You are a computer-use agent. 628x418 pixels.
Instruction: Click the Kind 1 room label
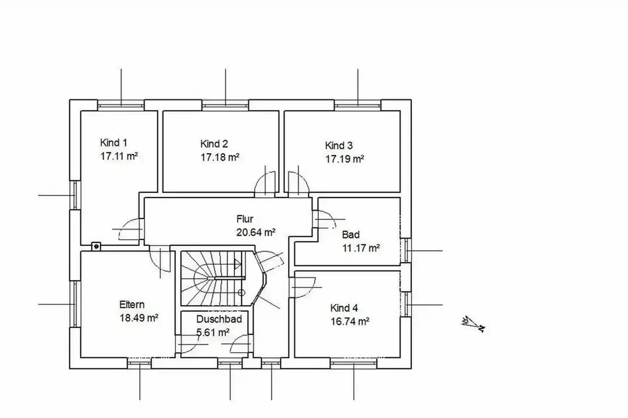(x=113, y=143)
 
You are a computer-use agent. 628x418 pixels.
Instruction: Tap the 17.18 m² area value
(x=220, y=157)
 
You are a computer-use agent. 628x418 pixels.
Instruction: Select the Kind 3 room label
(x=339, y=146)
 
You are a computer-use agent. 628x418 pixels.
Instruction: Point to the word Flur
(x=245, y=219)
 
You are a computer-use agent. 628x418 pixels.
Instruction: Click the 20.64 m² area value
(x=256, y=232)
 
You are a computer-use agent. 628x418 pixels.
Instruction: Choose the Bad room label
(x=351, y=235)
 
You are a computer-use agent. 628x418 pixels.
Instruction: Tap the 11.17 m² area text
(x=361, y=248)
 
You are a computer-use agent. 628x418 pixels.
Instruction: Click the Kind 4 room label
(x=344, y=308)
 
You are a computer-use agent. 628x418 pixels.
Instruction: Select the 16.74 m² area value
(x=350, y=322)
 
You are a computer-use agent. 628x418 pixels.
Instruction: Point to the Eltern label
(x=132, y=305)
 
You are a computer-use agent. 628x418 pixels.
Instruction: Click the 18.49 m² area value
(x=139, y=318)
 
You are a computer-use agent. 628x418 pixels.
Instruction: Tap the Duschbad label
(x=219, y=319)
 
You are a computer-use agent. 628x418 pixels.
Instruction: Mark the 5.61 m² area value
(x=213, y=333)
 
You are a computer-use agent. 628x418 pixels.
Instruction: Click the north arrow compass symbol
(x=474, y=324)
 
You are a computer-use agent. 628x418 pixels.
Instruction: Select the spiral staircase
(x=213, y=278)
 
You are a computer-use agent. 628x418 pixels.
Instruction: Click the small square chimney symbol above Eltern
(x=96, y=246)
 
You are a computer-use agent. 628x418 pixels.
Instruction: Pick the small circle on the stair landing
(x=242, y=293)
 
